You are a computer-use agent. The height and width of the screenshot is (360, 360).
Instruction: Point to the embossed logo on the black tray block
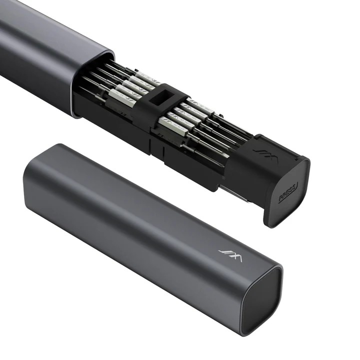[x=260, y=152]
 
